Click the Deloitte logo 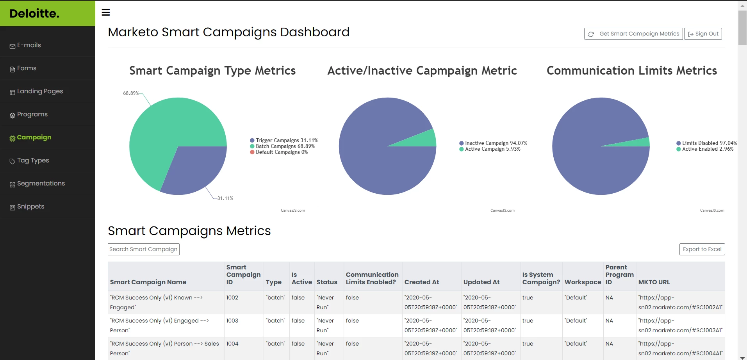tap(34, 14)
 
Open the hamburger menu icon tap(106, 12)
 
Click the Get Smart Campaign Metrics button tap(633, 34)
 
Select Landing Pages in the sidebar tap(40, 91)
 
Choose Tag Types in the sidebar tap(33, 160)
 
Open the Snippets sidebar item tap(30, 207)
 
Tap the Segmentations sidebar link tap(41, 184)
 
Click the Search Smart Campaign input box tap(143, 250)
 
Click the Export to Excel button tap(702, 250)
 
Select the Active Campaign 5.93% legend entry tap(492, 149)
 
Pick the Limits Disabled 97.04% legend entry tap(709, 143)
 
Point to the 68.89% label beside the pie tap(131, 93)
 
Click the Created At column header tap(421, 282)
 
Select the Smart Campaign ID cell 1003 tap(232, 321)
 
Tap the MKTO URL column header tap(654, 282)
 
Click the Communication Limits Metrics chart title tap(631, 71)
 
